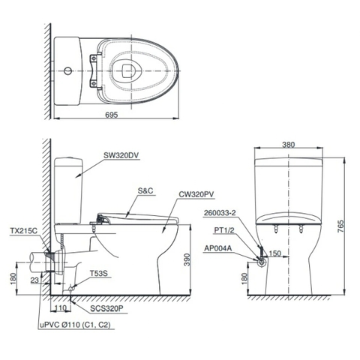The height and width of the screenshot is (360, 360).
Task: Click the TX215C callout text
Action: [25, 231]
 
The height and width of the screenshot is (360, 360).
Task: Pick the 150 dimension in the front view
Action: [275, 253]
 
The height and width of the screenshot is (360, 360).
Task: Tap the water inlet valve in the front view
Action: [260, 262]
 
